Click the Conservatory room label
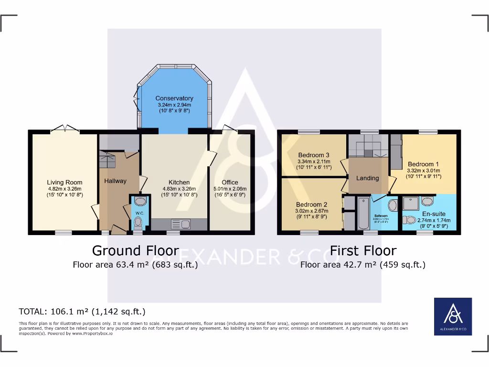tap(174, 98)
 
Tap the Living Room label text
tap(64, 182)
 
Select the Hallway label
tap(116, 181)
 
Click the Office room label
tap(230, 182)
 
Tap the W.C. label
tap(138, 213)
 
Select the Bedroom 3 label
tap(314, 155)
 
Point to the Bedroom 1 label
tap(421, 164)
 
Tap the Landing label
tap(368, 178)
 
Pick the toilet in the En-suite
tap(409, 220)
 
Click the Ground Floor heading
tap(135, 250)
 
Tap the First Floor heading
tap(363, 250)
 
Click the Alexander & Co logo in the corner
tap(453, 317)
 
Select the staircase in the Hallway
tap(108, 160)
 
